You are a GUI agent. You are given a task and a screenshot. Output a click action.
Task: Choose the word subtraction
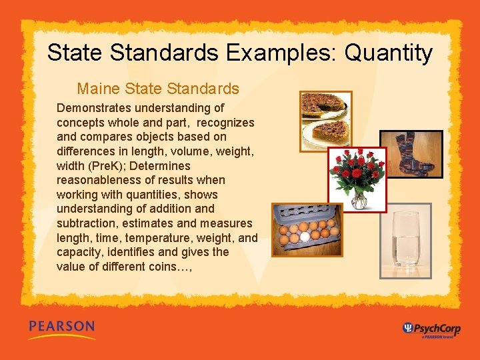point(89,223)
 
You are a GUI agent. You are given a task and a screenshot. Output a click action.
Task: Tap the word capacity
point(79,253)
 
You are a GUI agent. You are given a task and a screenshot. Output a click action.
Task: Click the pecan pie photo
point(325,120)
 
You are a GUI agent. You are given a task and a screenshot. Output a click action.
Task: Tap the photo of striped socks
point(411,157)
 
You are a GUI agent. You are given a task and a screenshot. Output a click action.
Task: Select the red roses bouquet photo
point(357,179)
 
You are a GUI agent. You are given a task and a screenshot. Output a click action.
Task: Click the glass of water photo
point(405,241)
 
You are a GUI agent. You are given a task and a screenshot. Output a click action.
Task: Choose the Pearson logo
point(61,328)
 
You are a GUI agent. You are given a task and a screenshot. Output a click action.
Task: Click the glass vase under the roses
point(359,199)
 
